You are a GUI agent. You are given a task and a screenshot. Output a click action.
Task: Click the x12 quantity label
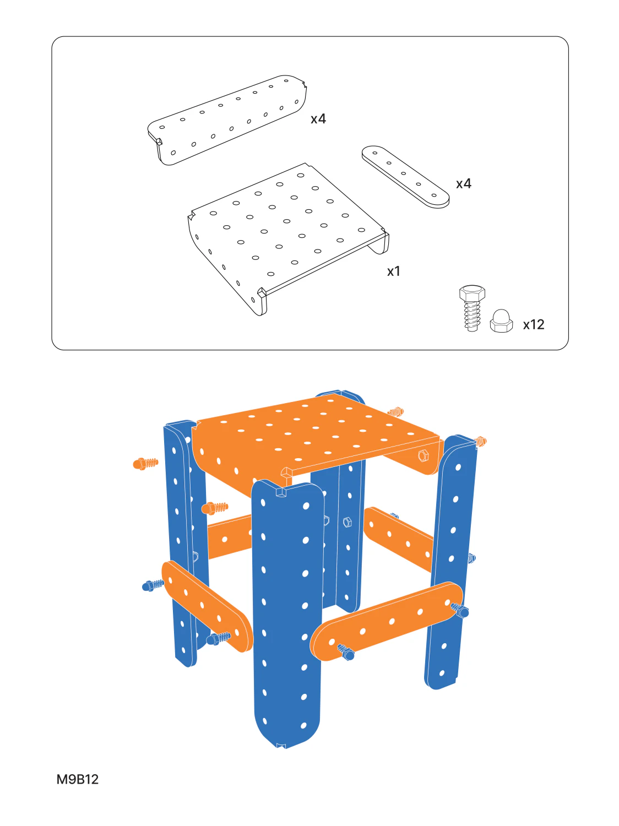click(x=533, y=324)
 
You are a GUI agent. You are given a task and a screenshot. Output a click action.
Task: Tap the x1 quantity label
click(x=394, y=271)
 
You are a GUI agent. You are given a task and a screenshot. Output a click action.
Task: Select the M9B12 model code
click(x=78, y=779)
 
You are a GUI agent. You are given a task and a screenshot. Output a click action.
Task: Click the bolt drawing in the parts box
click(x=472, y=308)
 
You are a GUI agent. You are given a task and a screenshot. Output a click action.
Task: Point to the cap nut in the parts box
click(x=501, y=321)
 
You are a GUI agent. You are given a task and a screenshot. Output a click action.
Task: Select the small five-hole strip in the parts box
click(x=405, y=177)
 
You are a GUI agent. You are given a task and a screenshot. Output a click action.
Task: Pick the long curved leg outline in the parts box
click(x=227, y=119)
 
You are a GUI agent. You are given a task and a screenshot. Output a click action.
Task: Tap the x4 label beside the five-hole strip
click(x=463, y=183)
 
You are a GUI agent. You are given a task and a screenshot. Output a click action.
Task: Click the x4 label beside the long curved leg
click(x=318, y=119)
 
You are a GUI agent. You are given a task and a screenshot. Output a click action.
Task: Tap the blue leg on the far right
click(x=451, y=561)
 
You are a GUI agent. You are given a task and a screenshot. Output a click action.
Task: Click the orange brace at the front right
click(x=387, y=622)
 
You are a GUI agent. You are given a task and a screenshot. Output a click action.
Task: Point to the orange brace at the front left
click(x=207, y=607)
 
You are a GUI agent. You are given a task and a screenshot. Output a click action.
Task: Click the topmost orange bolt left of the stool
click(x=145, y=464)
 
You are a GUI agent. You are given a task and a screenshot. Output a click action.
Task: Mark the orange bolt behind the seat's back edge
click(x=395, y=411)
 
